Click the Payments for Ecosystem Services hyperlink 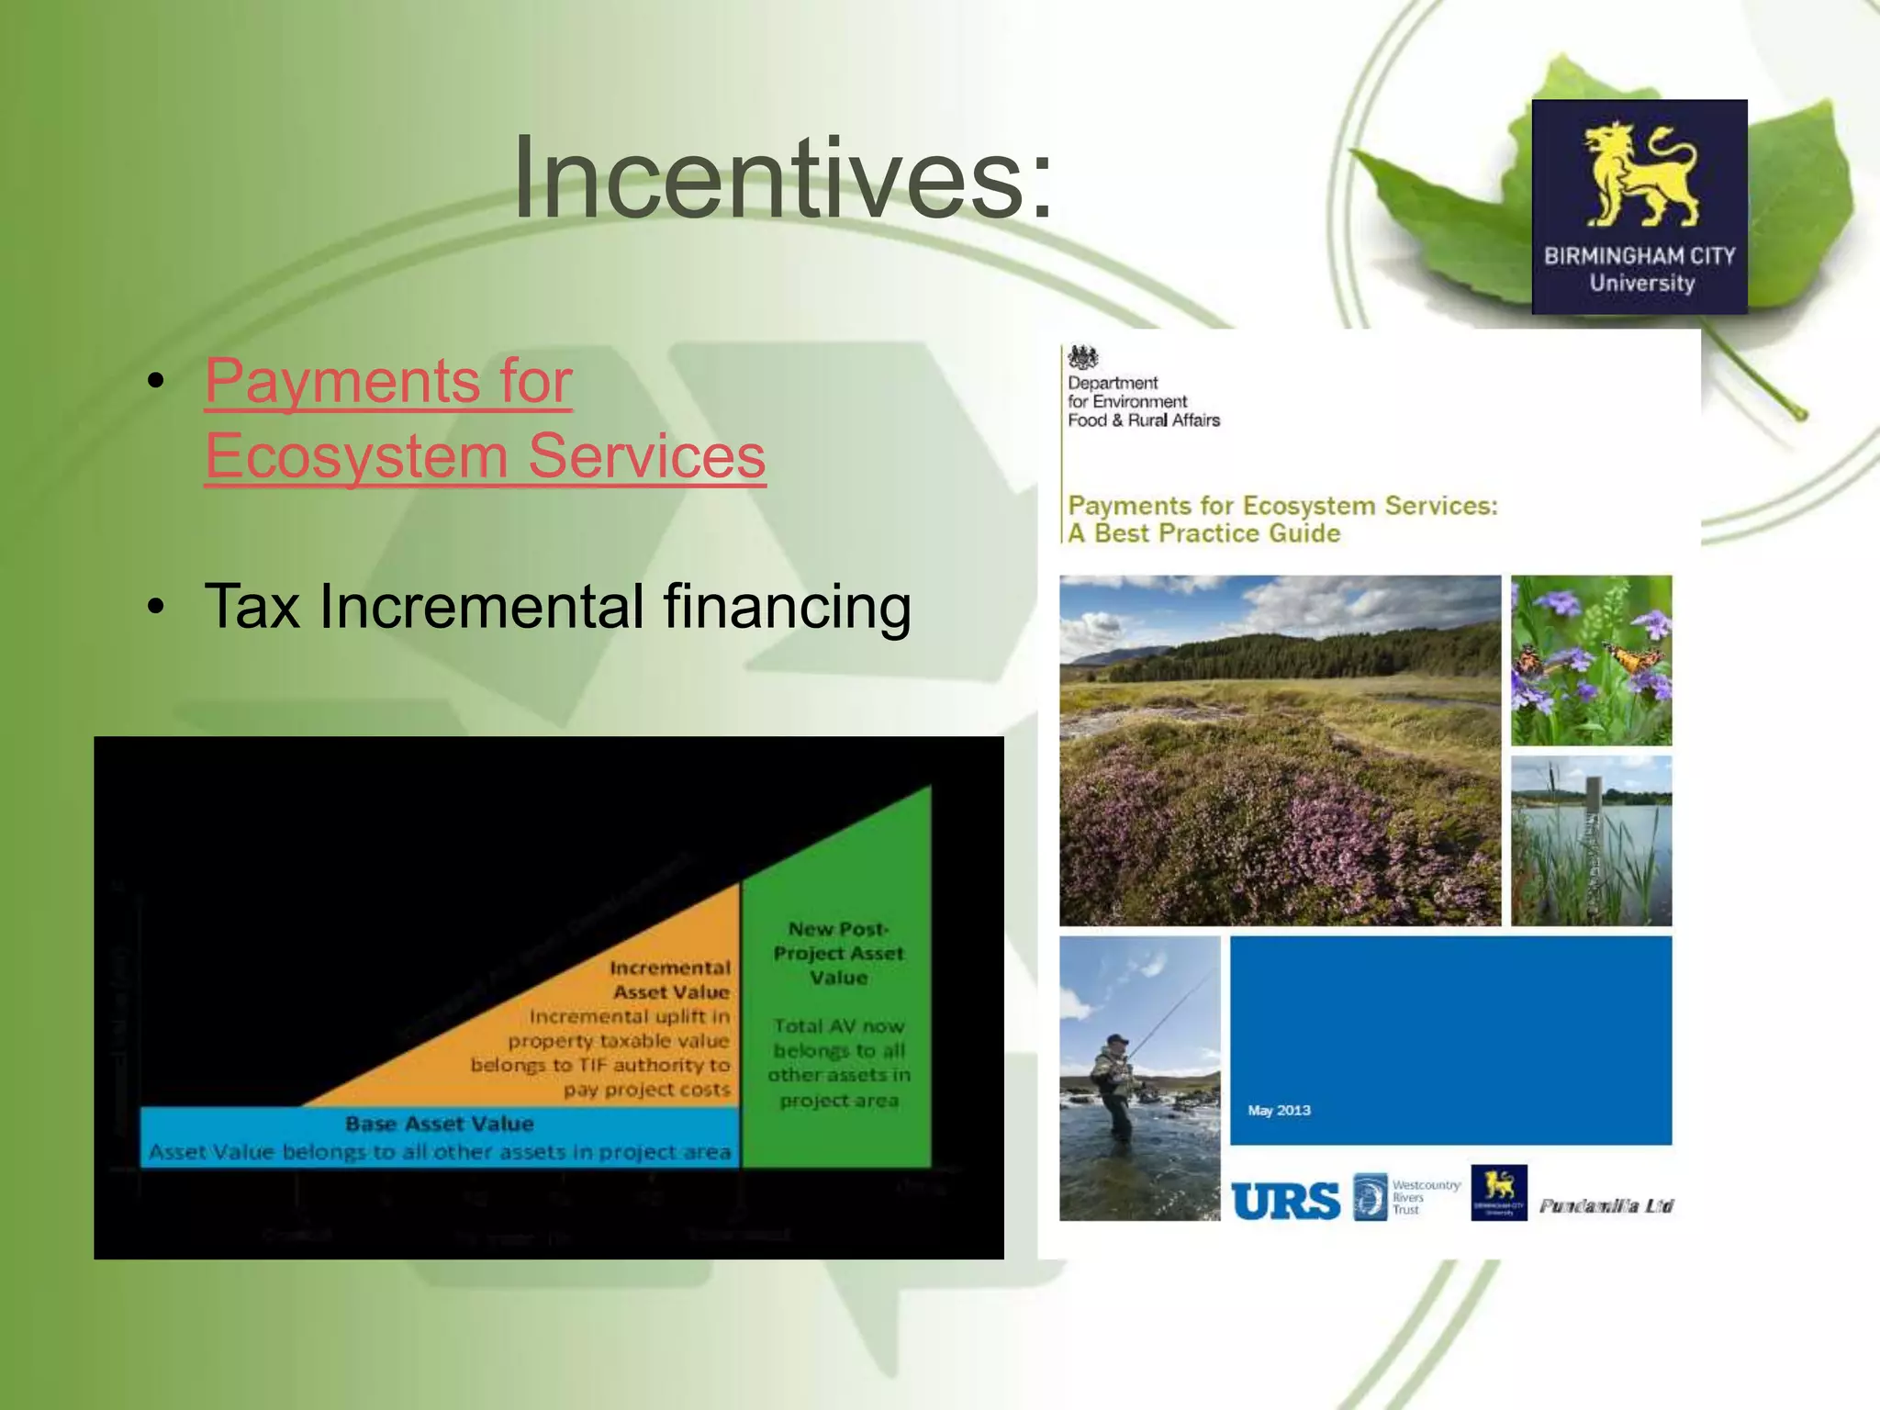coord(484,419)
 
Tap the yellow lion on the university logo coord(1639,175)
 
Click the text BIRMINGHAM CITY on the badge coord(1639,256)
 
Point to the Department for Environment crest coord(1083,358)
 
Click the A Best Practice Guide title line coord(1203,533)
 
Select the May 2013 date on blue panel coord(1279,1111)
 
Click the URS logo coord(1285,1200)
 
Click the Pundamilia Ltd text coord(1606,1205)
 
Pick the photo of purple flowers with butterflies coord(1591,659)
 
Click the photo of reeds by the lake coord(1591,840)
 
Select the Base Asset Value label coord(439,1124)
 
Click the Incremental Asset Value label coord(670,979)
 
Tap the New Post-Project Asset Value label coord(838,953)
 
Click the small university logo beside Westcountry coord(1498,1192)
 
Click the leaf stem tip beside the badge coord(1800,415)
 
